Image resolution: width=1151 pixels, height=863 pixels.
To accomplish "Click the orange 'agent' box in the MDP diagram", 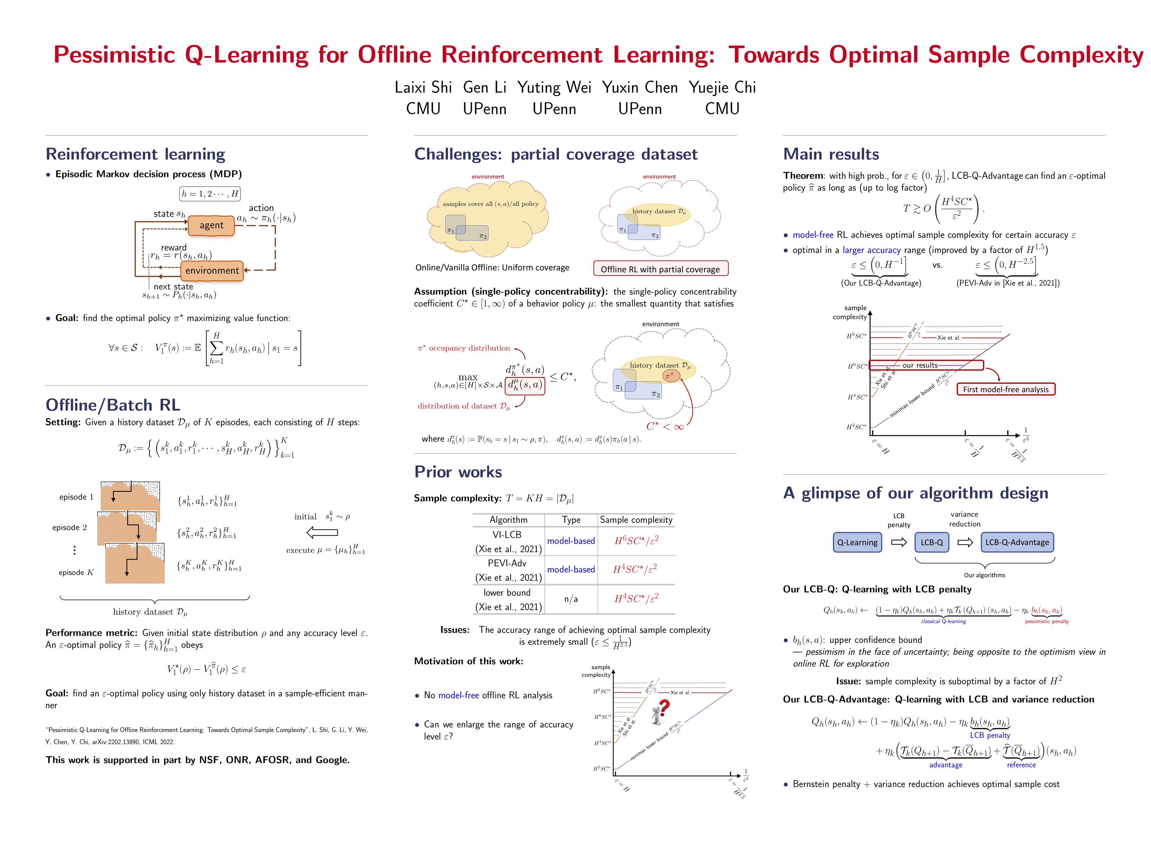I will pyautogui.click(x=211, y=225).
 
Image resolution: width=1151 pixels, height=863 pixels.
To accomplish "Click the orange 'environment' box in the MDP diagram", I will pyautogui.click(x=212, y=271).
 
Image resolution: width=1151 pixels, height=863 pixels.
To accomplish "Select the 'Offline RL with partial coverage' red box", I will pyautogui.click(x=660, y=269).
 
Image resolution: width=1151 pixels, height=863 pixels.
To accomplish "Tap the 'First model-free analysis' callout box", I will pyautogui.click(x=1005, y=389).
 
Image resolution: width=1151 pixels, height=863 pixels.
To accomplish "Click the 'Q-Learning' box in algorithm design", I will pyautogui.click(x=857, y=542).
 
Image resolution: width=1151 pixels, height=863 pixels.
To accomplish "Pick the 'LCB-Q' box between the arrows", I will pyautogui.click(x=931, y=542).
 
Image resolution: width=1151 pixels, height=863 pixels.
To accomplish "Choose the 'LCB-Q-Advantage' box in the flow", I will pyautogui.click(x=1017, y=542).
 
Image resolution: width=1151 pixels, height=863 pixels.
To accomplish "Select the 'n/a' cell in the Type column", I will pyautogui.click(x=571, y=599).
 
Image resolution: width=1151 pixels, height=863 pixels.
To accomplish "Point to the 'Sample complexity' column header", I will pyautogui.click(x=636, y=520).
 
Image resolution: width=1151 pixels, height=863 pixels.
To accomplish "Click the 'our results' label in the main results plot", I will pyautogui.click(x=920, y=365).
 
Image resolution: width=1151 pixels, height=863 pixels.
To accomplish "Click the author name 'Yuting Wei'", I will pyautogui.click(x=554, y=87).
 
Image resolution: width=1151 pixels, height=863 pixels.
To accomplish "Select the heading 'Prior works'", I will pyautogui.click(x=458, y=472).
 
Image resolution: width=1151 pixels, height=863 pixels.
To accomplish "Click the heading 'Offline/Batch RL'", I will pyautogui.click(x=113, y=405).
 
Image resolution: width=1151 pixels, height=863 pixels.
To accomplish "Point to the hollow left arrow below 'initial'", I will pyautogui.click(x=322, y=532).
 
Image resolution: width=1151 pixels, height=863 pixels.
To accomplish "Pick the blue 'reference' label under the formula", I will pyautogui.click(x=1021, y=765).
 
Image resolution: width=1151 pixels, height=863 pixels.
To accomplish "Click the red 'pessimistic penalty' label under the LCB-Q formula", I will pyautogui.click(x=1046, y=621).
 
